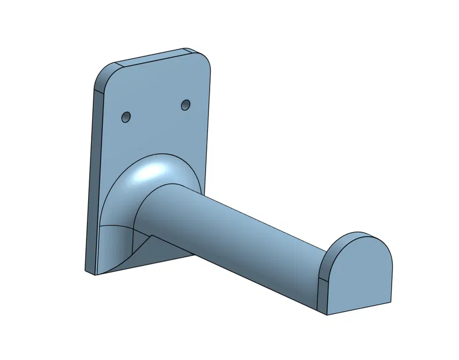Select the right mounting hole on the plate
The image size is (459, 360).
pyautogui.click(x=185, y=105)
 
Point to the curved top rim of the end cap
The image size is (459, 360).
pyautogui.click(x=360, y=236)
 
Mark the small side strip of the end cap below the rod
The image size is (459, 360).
pyautogui.click(x=323, y=297)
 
